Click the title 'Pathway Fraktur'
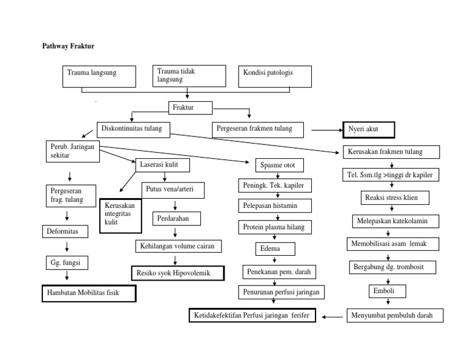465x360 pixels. (x=68, y=46)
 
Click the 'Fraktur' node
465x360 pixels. (x=190, y=108)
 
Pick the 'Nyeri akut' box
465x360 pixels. (x=368, y=130)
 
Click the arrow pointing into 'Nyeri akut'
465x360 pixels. (x=327, y=130)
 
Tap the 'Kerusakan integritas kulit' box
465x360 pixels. (x=120, y=215)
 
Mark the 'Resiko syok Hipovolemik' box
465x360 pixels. (x=177, y=273)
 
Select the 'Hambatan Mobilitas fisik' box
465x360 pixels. (x=88, y=293)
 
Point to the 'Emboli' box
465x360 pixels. (x=385, y=292)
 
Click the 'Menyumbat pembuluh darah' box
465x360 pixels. (x=394, y=316)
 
